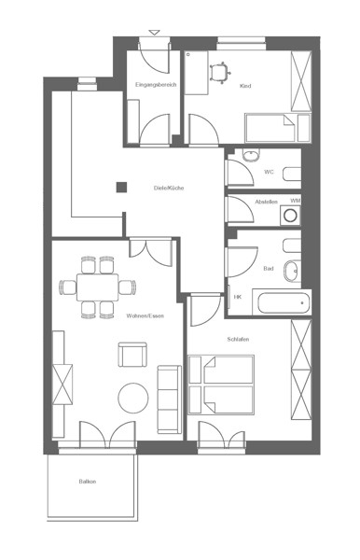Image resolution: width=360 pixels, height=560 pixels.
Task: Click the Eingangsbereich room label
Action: tap(156, 85)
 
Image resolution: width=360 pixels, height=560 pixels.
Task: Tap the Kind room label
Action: tap(245, 86)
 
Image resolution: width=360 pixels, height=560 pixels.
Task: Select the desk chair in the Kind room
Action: tap(220, 73)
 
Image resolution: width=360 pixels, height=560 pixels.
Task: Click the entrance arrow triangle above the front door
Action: tap(154, 33)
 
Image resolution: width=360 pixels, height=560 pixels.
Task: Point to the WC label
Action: tap(269, 172)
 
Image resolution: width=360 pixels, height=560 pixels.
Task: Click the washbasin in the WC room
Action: tap(251, 155)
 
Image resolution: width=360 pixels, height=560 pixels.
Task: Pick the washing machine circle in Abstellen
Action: tap(290, 216)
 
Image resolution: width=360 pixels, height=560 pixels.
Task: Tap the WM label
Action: tap(295, 201)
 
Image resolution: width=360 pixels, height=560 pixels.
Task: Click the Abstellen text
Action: tap(266, 202)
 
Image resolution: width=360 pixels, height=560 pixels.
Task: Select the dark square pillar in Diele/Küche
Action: tap(121, 188)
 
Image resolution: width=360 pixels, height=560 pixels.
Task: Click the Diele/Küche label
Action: tap(169, 188)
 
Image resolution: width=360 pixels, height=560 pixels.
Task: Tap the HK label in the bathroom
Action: tap(238, 297)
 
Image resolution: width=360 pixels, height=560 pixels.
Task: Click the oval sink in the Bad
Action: tap(292, 272)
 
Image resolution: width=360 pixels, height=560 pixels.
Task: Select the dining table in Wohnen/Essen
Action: tap(97, 287)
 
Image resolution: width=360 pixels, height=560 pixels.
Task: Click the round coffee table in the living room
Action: tap(133, 399)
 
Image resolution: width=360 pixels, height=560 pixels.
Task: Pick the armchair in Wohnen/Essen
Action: tap(132, 355)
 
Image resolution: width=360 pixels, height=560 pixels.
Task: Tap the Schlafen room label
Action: tap(238, 339)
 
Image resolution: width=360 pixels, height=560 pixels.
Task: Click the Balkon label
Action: tap(88, 482)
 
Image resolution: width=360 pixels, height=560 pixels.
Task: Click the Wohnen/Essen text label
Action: tap(145, 315)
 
